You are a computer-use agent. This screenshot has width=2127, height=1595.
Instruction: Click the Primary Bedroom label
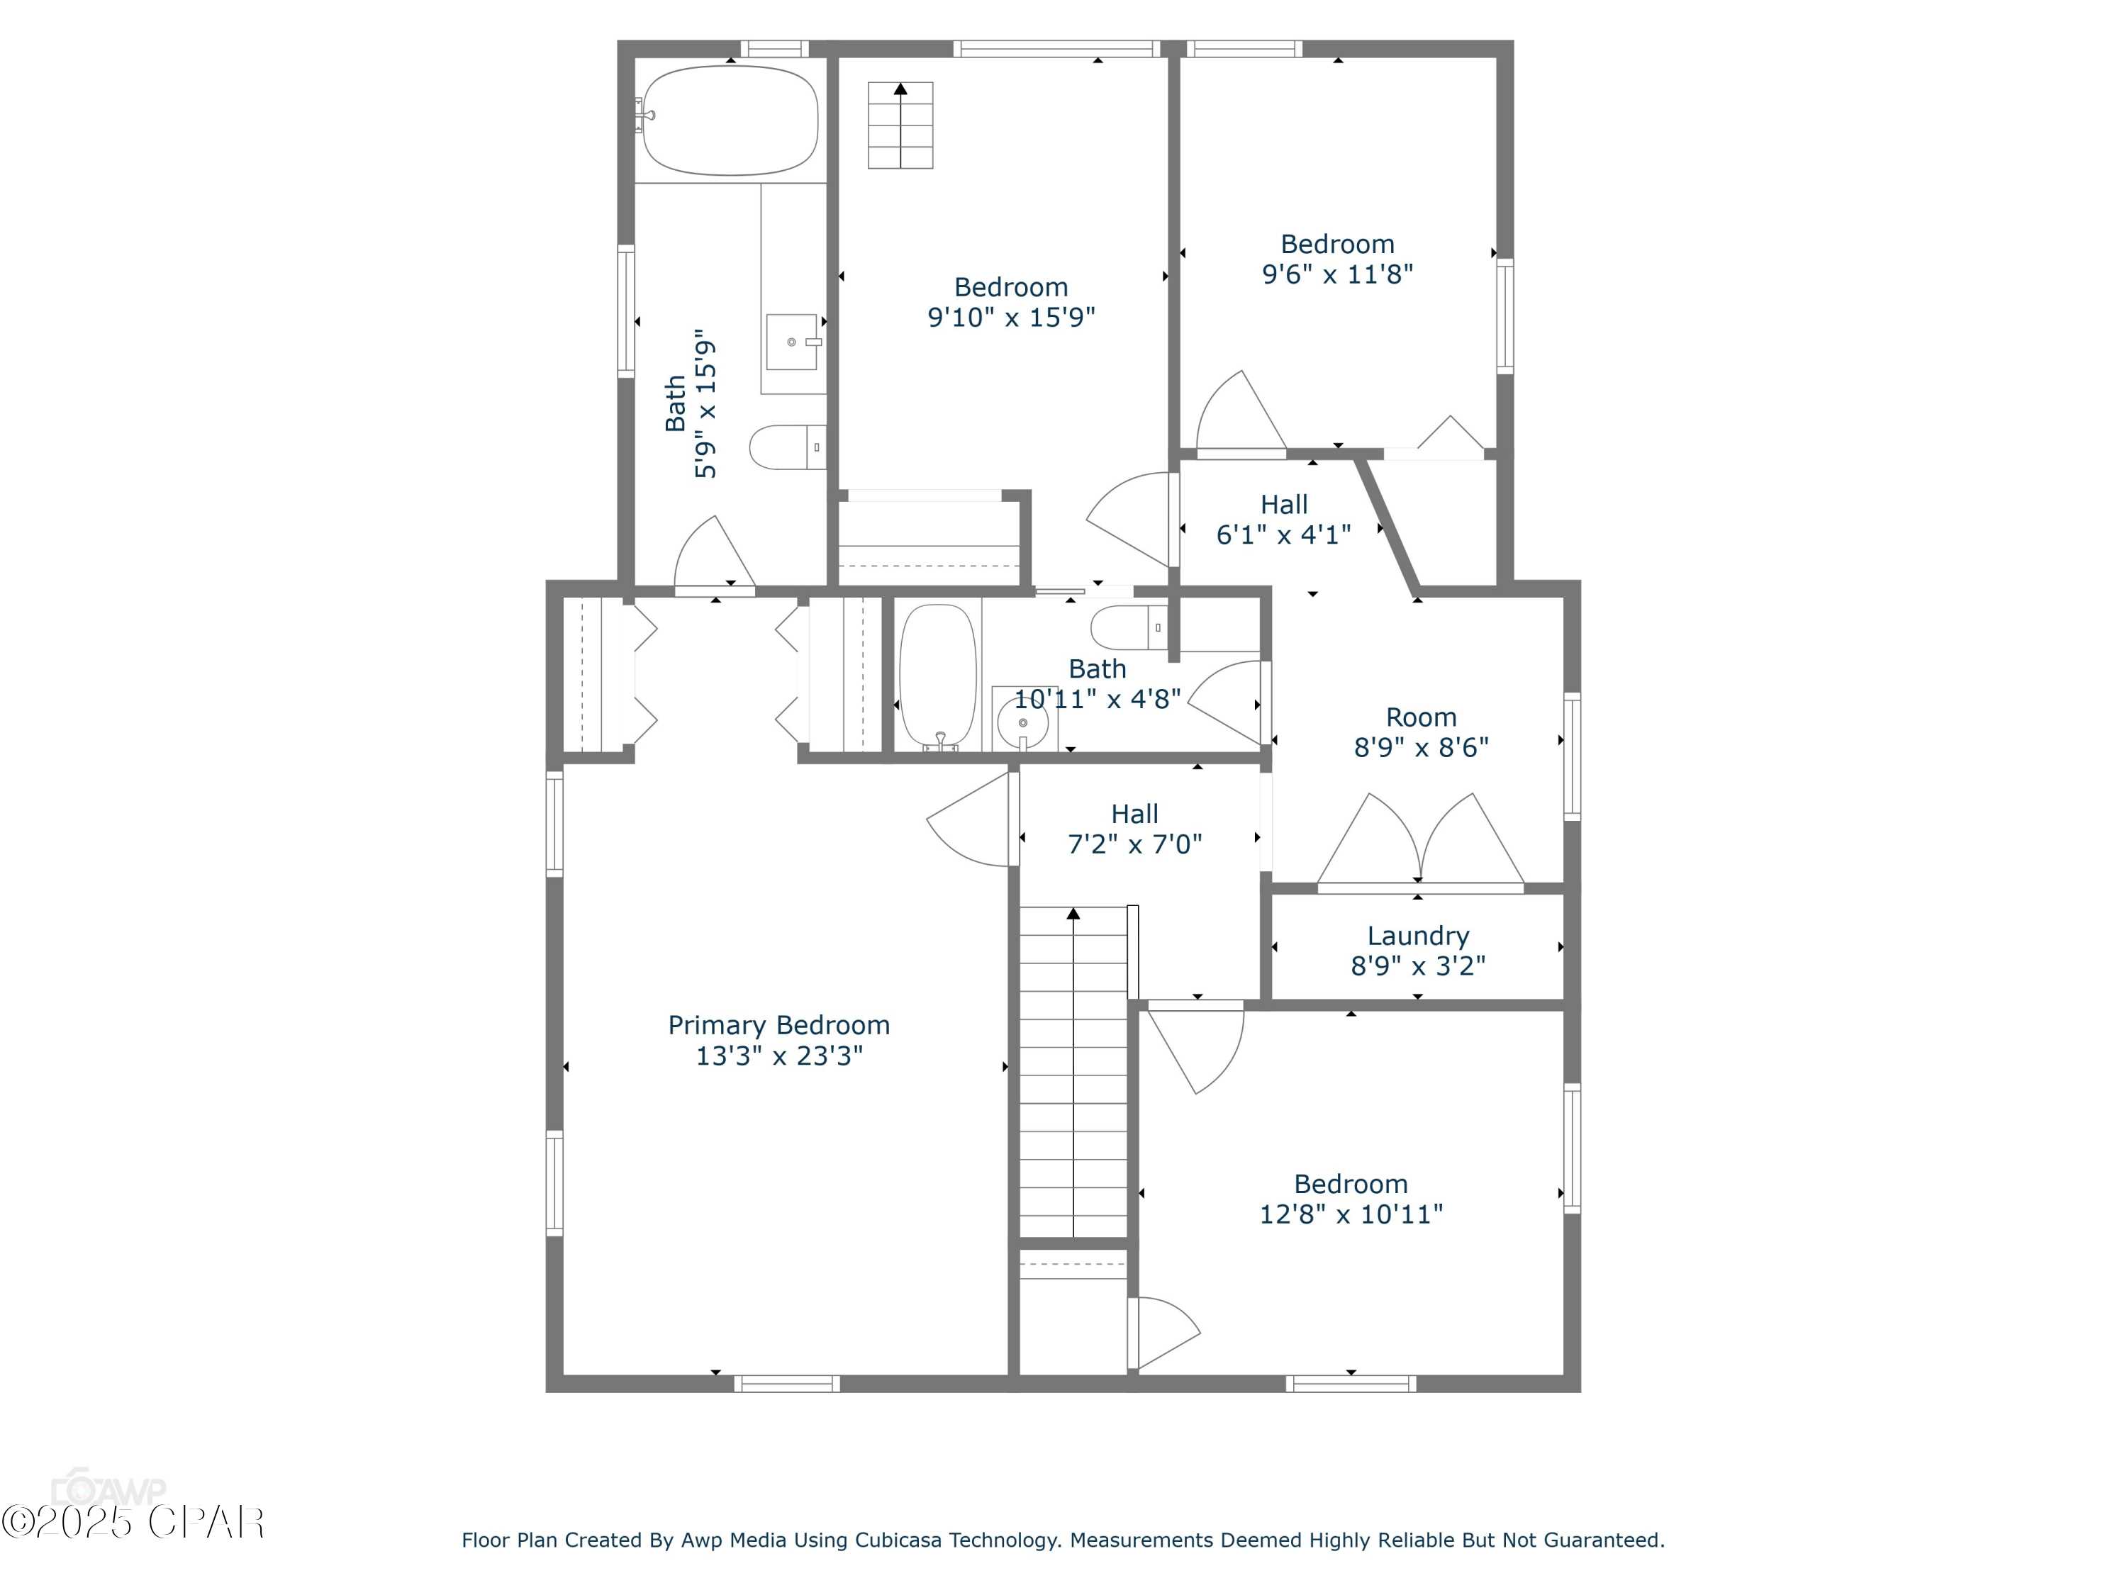pyautogui.click(x=779, y=1025)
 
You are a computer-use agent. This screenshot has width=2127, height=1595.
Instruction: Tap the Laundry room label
pyautogui.click(x=1418, y=936)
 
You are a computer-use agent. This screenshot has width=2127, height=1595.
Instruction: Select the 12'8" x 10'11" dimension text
pyautogui.click(x=1351, y=1214)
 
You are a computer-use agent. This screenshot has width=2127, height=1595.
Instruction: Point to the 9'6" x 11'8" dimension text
pyautogui.click(x=1338, y=274)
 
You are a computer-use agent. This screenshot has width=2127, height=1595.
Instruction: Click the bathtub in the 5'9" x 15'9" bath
pyautogui.click(x=731, y=121)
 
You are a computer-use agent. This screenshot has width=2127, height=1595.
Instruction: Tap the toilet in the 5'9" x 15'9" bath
pyautogui.click(x=788, y=448)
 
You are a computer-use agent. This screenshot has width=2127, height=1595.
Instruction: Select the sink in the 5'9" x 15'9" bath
pyautogui.click(x=793, y=341)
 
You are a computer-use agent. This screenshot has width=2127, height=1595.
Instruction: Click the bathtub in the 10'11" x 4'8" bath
pyautogui.click(x=937, y=677)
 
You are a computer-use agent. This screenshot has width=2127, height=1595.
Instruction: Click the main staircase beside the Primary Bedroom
pyautogui.click(x=1073, y=1072)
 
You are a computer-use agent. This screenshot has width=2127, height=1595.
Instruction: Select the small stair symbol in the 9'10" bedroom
pyautogui.click(x=900, y=125)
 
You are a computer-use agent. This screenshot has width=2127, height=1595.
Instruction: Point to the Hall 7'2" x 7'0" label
pyautogui.click(x=1134, y=829)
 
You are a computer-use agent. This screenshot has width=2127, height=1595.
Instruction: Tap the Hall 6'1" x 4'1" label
pyautogui.click(x=1284, y=519)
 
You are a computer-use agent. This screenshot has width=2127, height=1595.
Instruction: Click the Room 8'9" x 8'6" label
pyautogui.click(x=1422, y=732)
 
